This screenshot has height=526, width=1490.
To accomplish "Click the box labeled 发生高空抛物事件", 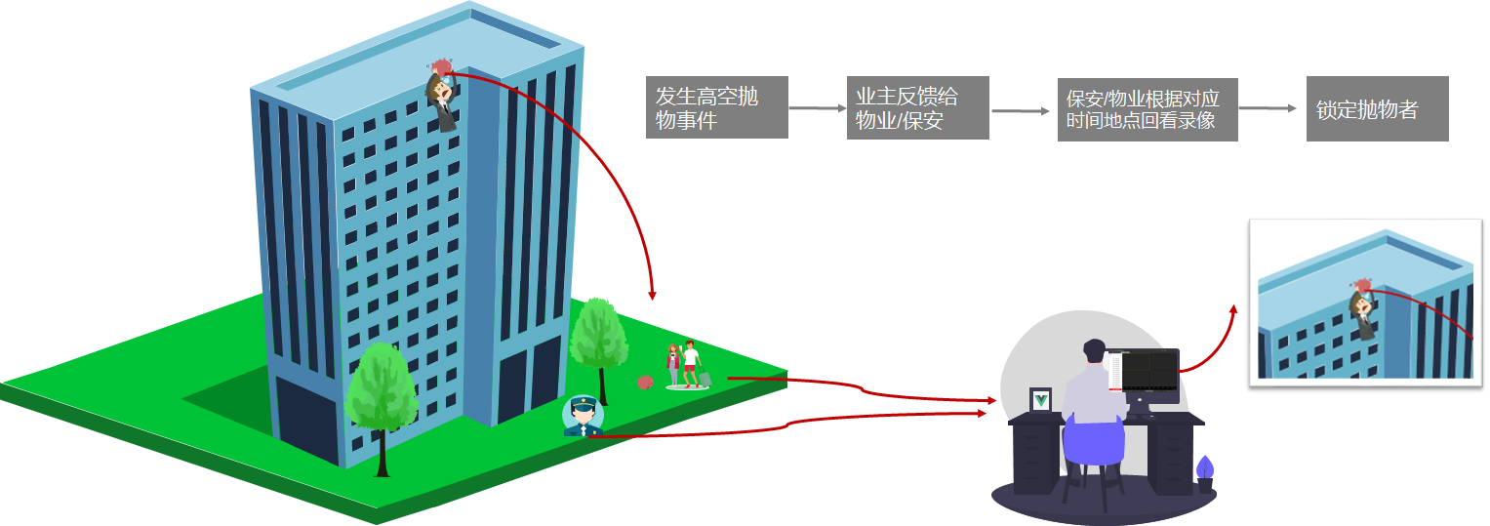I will [x=716, y=107].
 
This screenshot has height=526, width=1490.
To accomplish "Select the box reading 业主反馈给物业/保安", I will [x=917, y=107].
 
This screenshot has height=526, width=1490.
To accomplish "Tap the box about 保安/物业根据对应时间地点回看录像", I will [x=1147, y=110].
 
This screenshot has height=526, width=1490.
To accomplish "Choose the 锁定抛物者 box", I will [x=1377, y=109].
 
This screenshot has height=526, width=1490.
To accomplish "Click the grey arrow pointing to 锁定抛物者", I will [x=1270, y=108].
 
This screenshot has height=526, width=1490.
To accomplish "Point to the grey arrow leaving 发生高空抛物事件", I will [x=816, y=107].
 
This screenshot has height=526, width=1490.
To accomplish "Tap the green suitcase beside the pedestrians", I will [x=705, y=379].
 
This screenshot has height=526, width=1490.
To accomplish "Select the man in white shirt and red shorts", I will [x=691, y=362].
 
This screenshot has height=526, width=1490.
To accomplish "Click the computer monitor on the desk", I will [x=1150, y=375].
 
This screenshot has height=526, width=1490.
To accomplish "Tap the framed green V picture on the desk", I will [x=1040, y=400].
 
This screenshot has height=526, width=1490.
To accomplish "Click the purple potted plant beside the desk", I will [x=1205, y=472].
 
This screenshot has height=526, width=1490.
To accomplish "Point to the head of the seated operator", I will [x=1095, y=353].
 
